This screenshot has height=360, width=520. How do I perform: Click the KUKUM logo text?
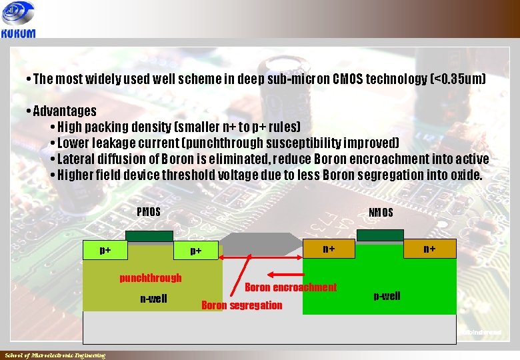tap(19, 33)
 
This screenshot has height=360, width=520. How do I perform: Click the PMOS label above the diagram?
tap(149, 212)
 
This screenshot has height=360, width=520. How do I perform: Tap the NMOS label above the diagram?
tap(381, 213)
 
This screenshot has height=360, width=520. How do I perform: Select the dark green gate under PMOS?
tap(149, 236)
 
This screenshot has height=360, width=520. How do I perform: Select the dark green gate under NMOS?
tap(380, 234)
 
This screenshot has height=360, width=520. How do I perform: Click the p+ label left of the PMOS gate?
tap(105, 251)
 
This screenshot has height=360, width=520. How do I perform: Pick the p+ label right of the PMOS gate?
tap(195, 251)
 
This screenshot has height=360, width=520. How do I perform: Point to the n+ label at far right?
tap(429, 249)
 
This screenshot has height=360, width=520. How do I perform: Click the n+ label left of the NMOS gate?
tap(329, 249)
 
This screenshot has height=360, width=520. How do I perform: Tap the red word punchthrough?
tap(150, 277)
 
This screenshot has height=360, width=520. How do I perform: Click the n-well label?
tap(153, 298)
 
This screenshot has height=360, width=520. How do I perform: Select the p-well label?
tap(387, 295)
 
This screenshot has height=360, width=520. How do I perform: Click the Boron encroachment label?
tap(291, 287)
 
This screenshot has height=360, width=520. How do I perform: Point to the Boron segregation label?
tap(241, 305)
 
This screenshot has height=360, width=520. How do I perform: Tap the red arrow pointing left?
tap(292, 274)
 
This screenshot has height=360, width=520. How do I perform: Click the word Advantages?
tap(64, 111)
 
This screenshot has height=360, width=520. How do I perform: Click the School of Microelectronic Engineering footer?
tap(55, 355)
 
